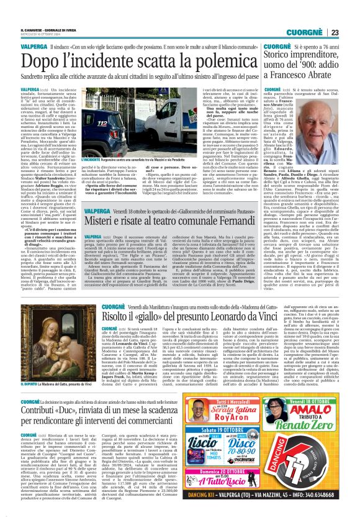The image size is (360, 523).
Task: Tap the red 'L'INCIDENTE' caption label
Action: pos(92,159)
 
